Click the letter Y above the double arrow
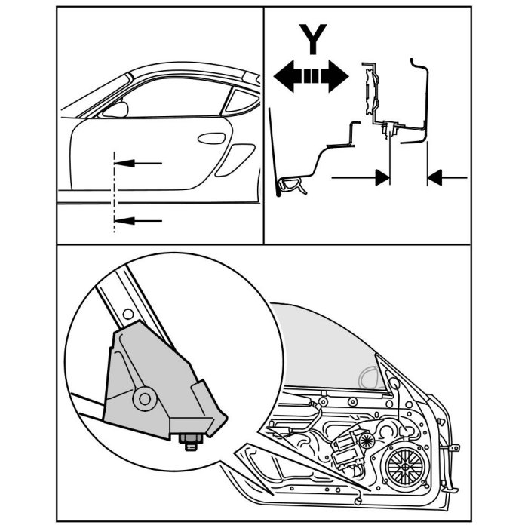click(312, 38)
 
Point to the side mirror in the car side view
click(115, 109)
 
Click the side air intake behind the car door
click(236, 159)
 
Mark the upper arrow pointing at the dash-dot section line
click(143, 162)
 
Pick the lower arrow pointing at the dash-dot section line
click(143, 220)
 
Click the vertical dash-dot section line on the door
click(114, 192)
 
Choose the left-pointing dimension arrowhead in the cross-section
click(433, 177)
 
